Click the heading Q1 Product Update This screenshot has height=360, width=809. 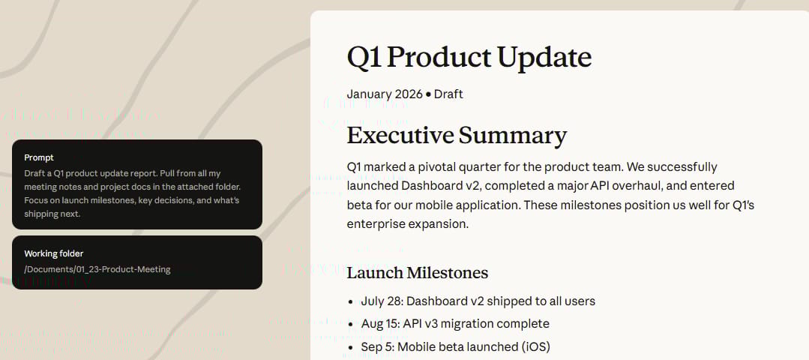coord(469,58)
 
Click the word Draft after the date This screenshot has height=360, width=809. coord(448,94)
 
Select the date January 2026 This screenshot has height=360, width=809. coord(385,94)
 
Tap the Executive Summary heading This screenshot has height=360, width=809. coord(457,135)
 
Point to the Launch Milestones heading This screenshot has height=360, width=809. coord(418,273)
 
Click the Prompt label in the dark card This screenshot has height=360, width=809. coord(39,157)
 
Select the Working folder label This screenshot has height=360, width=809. coord(54,253)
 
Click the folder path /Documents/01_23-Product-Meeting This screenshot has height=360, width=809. coord(97,269)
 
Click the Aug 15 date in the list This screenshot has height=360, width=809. coord(379,324)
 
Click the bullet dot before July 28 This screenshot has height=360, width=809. coord(351,301)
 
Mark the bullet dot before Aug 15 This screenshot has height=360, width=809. coord(351,325)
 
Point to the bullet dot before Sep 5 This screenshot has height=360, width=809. coord(351,347)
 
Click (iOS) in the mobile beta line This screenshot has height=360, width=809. coord(535,346)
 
